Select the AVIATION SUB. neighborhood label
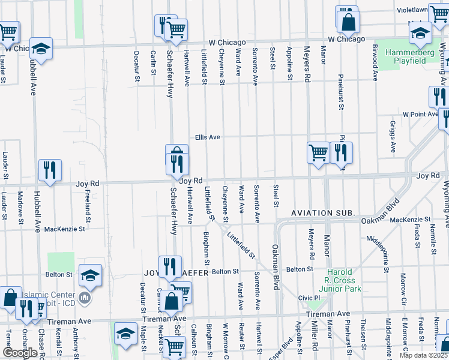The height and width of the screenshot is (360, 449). (x=324, y=214)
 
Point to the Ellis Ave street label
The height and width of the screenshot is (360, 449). (x=207, y=137)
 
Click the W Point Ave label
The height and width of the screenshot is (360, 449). (x=421, y=113)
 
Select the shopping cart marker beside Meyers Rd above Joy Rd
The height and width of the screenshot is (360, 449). (x=318, y=152)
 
